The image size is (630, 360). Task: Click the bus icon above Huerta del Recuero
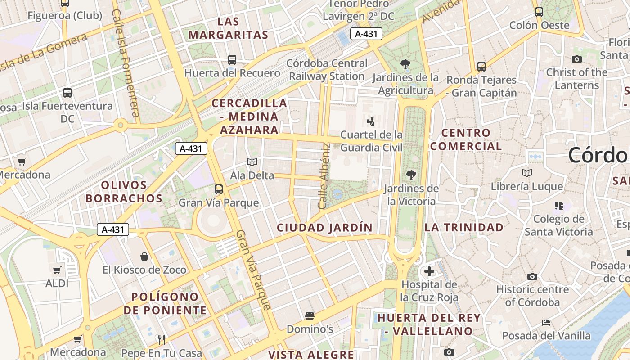click(232, 59)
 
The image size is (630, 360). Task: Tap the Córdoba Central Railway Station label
click(327, 70)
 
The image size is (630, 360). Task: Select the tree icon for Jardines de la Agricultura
click(405, 64)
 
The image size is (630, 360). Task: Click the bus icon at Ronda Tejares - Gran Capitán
click(481, 67)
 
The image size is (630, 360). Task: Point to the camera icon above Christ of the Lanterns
click(576, 59)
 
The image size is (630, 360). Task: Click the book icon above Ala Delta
click(252, 162)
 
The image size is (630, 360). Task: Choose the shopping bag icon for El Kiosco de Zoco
click(144, 256)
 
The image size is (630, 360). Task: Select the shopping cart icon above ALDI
click(57, 270)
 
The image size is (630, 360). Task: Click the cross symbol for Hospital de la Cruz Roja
click(429, 271)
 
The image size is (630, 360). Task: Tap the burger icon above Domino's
click(310, 315)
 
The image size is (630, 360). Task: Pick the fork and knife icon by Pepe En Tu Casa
click(161, 339)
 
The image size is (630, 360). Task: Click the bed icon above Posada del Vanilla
click(546, 322)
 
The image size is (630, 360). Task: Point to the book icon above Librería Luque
click(526, 173)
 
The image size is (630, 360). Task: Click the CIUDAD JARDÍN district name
click(324, 228)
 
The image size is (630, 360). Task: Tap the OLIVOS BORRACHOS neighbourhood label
click(124, 192)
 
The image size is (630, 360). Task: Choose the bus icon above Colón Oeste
click(539, 12)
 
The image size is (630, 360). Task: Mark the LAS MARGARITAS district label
click(228, 28)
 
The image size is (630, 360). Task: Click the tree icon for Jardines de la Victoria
click(411, 175)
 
